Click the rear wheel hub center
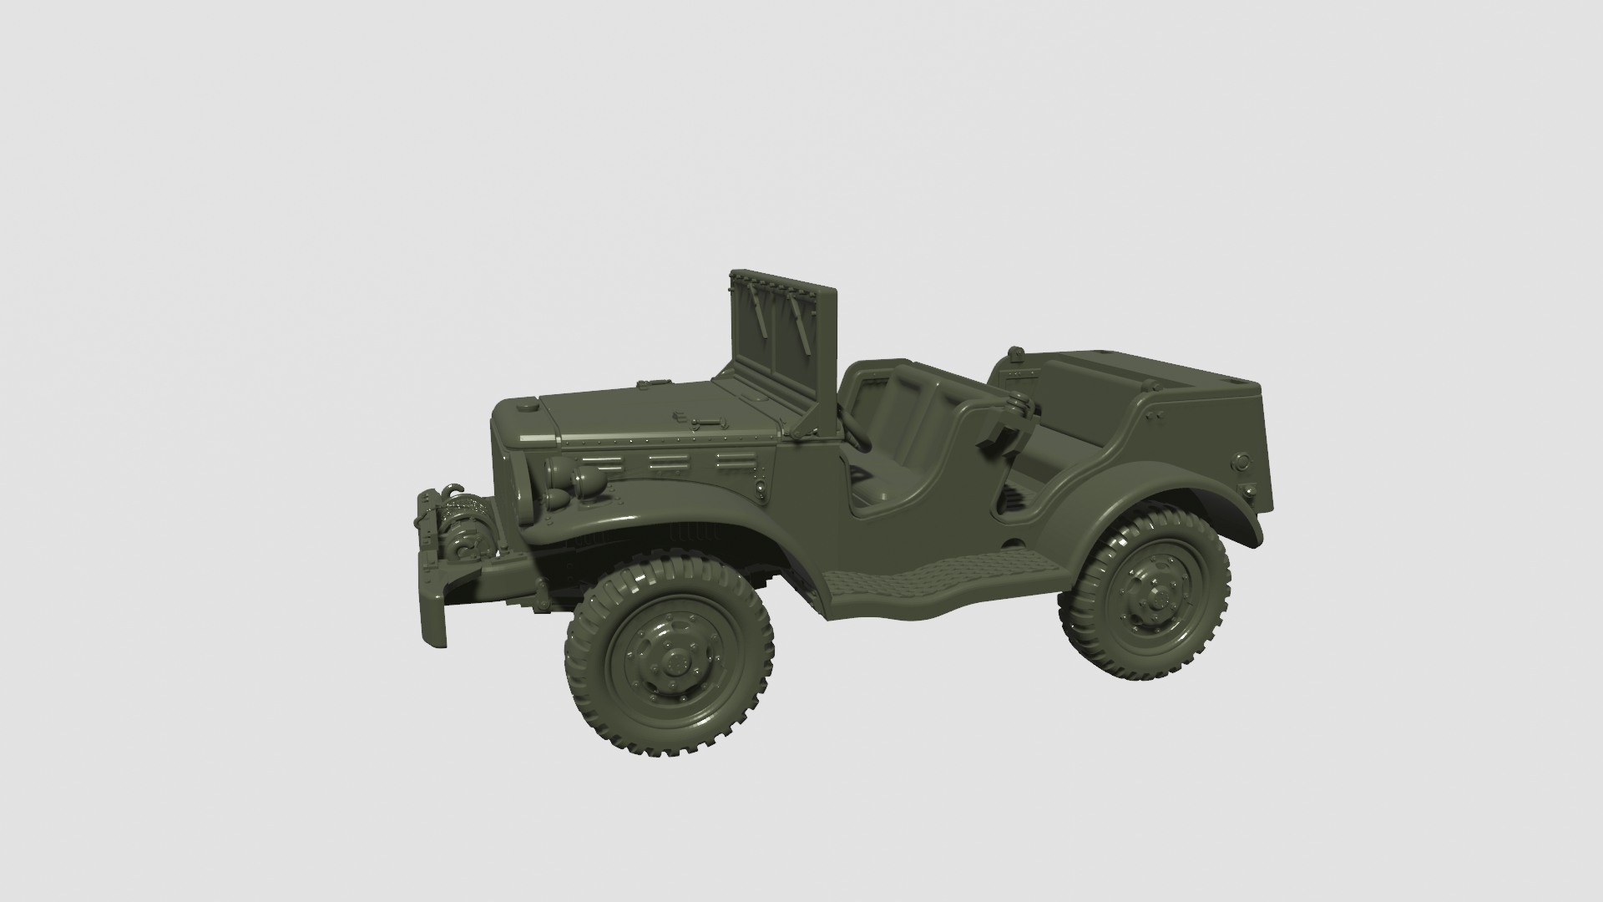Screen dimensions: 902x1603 click(1156, 596)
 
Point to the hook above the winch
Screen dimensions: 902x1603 click(453, 487)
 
